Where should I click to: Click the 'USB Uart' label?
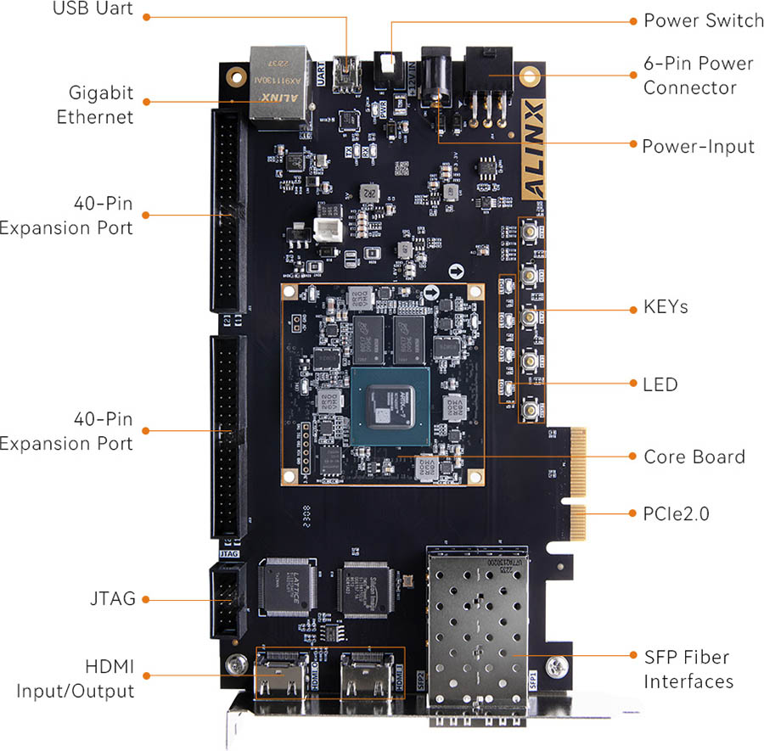(93, 13)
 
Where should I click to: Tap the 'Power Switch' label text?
(704, 20)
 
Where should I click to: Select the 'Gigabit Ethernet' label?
(95, 104)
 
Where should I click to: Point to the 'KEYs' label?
(665, 307)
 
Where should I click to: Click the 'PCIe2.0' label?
(676, 513)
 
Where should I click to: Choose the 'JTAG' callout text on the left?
(113, 599)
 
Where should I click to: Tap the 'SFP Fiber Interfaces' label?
(687, 669)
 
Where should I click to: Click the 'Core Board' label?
(694, 457)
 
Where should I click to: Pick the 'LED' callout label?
(660, 384)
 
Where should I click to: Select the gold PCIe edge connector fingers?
(578, 484)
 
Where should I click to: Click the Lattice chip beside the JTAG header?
(291, 586)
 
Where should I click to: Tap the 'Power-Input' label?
(698, 146)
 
